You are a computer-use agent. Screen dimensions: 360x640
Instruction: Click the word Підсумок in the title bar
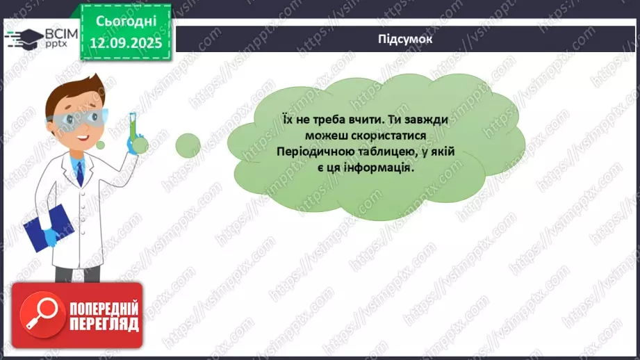point(406,40)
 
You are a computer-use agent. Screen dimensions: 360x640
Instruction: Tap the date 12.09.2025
point(125,42)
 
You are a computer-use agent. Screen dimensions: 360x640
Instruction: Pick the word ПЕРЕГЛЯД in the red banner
point(104,324)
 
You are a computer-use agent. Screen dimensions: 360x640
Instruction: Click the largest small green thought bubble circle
point(188,145)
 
